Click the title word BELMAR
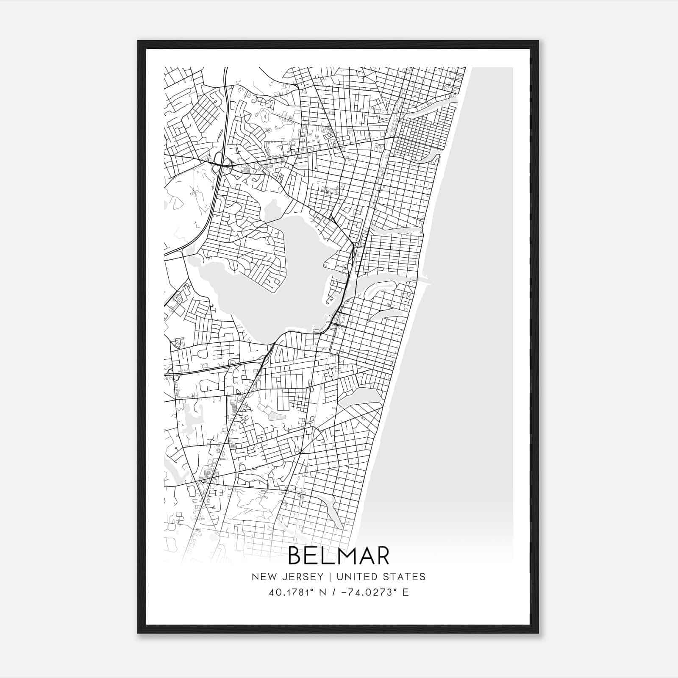339,556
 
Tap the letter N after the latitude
323,592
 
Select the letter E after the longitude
406,592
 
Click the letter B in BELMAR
295,556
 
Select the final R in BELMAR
382,556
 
